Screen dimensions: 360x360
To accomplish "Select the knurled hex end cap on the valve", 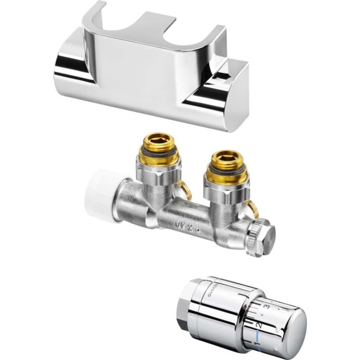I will [x=261, y=236].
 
